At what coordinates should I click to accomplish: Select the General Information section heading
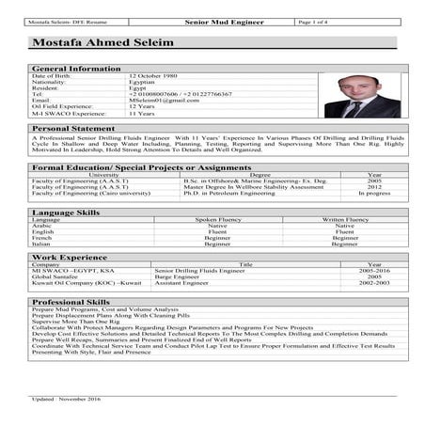point(76,69)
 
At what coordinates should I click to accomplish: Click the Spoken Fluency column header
point(218,220)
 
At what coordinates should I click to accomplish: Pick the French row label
point(43,238)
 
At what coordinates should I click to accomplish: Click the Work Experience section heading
point(70,257)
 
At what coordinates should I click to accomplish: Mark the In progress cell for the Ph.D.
point(373,193)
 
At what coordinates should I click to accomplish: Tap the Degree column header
point(260,175)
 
